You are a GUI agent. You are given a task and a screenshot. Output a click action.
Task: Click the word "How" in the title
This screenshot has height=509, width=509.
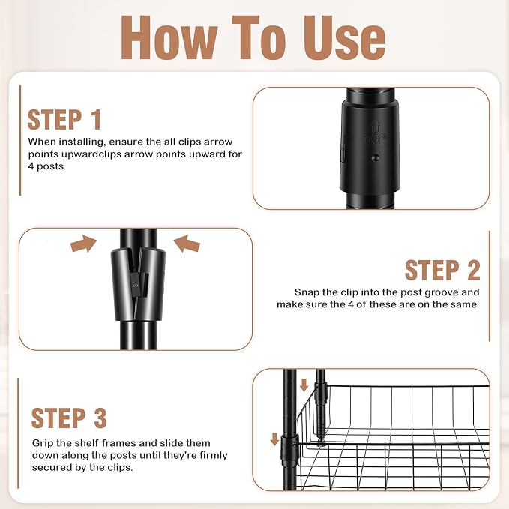point(169,37)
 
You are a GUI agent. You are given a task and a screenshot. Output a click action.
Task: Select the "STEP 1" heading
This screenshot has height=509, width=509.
point(64,120)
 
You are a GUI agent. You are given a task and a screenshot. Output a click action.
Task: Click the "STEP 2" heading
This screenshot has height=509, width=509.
point(442,270)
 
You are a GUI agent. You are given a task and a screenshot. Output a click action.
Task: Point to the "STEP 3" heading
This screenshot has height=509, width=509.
point(69,418)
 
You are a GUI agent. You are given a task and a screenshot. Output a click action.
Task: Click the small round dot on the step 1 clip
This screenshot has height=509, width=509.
point(376,158)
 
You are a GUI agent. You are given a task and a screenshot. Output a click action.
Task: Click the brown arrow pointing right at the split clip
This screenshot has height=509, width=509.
point(84,244)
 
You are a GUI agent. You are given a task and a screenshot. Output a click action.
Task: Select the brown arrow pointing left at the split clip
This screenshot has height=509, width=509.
point(187,244)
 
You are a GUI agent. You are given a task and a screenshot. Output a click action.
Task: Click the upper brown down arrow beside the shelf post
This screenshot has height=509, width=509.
point(304,385)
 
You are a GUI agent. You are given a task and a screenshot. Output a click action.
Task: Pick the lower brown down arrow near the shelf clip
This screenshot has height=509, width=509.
point(274,439)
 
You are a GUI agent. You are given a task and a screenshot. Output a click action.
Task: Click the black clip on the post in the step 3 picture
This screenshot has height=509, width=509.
point(289,451)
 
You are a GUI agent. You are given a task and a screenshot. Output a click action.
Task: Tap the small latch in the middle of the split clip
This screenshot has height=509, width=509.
point(139,285)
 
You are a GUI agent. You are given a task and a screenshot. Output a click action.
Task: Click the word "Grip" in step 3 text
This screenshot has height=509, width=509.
point(43,444)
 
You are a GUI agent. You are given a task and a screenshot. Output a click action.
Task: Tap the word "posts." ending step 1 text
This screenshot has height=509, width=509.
point(51,167)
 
